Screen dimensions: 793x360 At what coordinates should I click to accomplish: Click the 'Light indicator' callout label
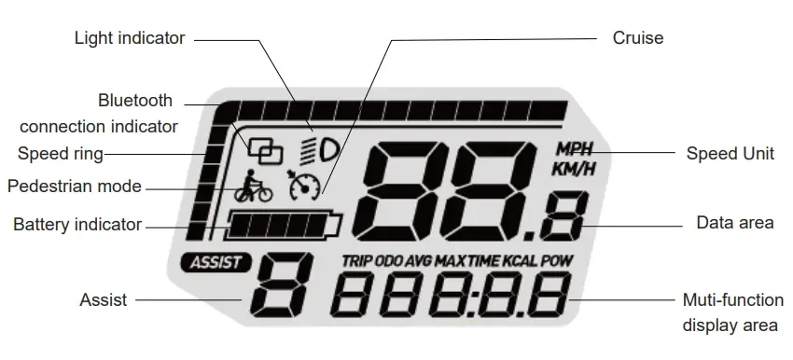click(x=130, y=38)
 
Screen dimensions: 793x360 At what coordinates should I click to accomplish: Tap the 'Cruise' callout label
click(x=638, y=38)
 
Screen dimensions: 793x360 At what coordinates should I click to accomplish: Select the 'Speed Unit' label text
click(x=730, y=154)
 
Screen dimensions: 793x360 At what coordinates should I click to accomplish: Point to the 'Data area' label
click(x=735, y=223)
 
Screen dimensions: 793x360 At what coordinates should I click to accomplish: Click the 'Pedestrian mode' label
click(x=75, y=187)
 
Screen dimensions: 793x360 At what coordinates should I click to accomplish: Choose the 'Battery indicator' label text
click(x=77, y=225)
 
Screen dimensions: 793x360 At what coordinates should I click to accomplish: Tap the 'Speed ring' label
click(x=61, y=154)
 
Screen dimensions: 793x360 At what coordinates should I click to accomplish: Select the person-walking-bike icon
click(x=253, y=187)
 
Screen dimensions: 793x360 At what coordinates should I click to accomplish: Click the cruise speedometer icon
click(x=304, y=185)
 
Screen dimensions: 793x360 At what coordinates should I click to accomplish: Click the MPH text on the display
click(x=573, y=149)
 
